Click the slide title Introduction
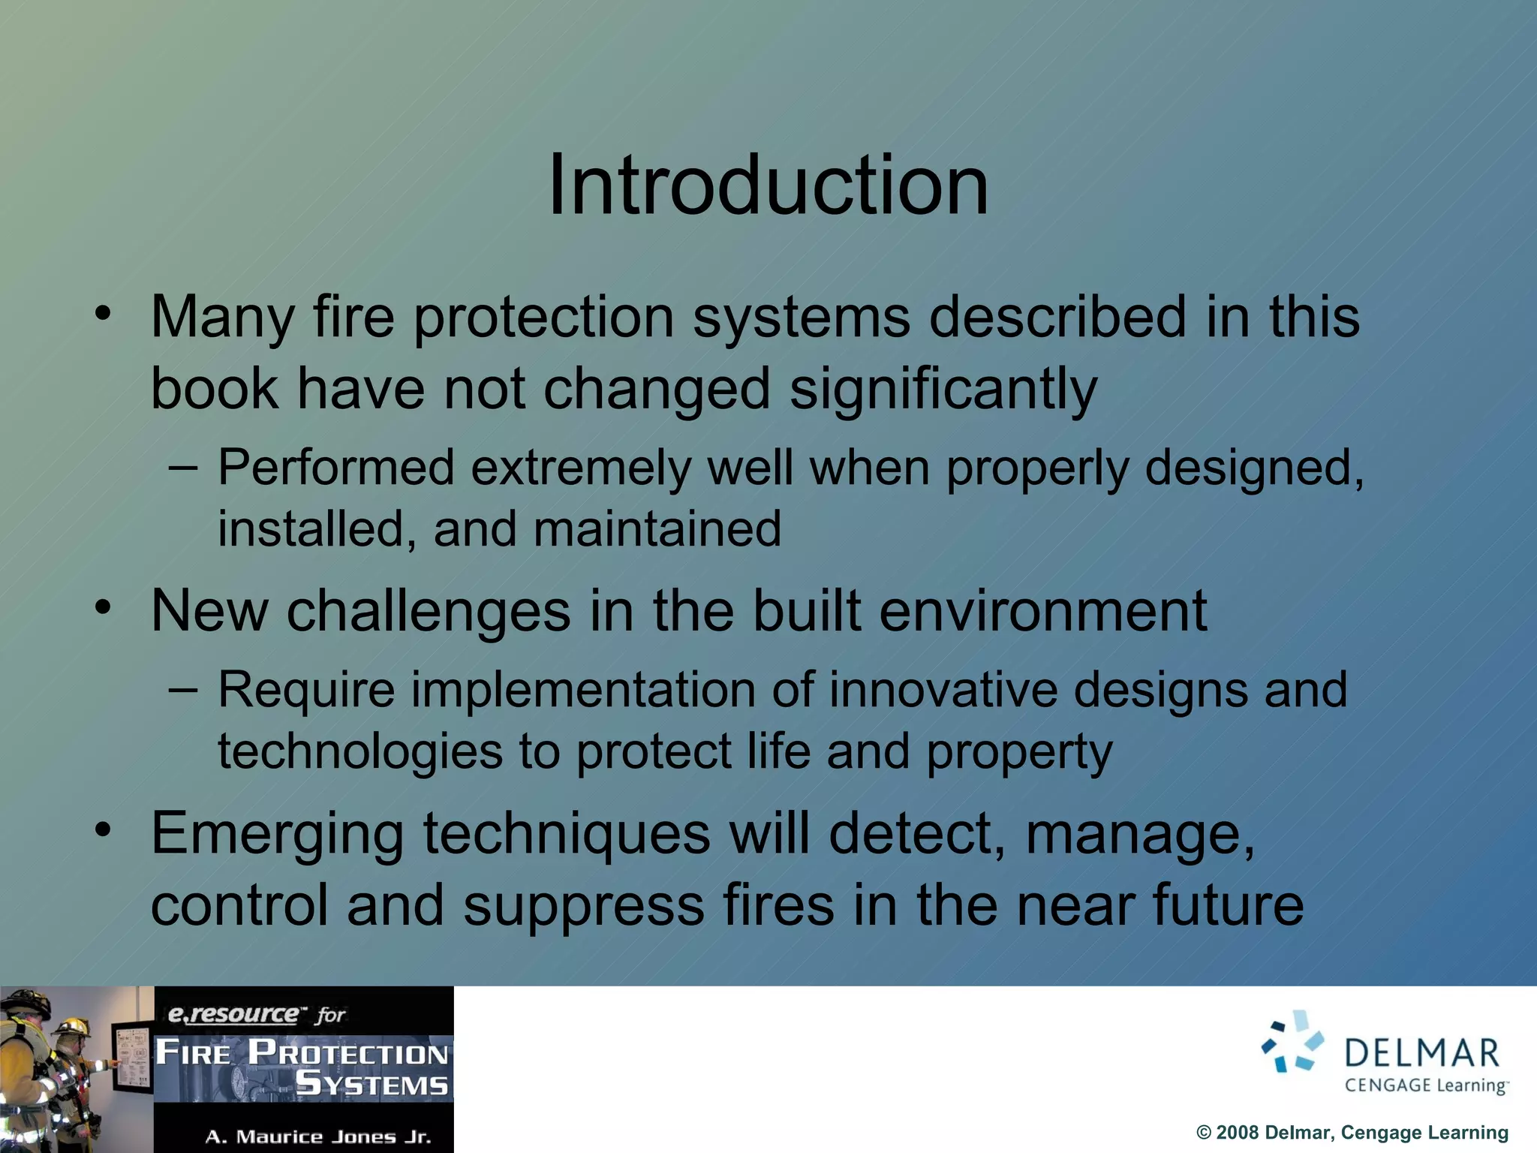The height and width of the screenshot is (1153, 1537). click(768, 185)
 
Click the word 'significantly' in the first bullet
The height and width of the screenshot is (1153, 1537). click(943, 389)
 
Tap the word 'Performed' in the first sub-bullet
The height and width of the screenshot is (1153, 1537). click(335, 468)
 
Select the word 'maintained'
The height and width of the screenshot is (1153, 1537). click(657, 528)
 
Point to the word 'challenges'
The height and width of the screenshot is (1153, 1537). click(429, 610)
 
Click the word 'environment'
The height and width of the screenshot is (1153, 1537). click(1043, 610)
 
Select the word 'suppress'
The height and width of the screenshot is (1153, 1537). click(584, 905)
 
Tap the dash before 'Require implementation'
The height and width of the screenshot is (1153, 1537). click(183, 687)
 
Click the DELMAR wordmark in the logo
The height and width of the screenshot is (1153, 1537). click(1421, 1053)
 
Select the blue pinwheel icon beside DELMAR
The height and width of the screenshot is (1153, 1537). click(1292, 1042)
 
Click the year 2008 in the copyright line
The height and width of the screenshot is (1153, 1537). click(1237, 1132)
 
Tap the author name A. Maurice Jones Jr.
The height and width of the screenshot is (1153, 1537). click(318, 1136)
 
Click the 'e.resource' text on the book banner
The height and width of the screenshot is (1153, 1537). click(233, 1014)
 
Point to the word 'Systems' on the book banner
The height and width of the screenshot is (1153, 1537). click(371, 1084)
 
